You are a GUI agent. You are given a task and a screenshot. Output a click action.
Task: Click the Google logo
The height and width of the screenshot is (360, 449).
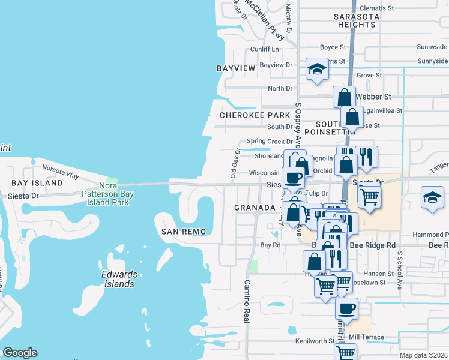coord(20,353)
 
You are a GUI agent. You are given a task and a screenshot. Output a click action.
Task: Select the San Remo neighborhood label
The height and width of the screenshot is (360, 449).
coord(184,232)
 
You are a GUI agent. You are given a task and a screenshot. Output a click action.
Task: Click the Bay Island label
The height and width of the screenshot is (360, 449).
coord(37,182)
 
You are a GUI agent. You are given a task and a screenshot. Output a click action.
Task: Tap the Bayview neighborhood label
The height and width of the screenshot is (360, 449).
coord(236,69)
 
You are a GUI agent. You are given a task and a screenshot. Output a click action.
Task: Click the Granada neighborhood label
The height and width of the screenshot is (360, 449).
coord(255,207)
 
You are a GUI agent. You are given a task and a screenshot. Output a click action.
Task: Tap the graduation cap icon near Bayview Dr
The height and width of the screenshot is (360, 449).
coord(316,70)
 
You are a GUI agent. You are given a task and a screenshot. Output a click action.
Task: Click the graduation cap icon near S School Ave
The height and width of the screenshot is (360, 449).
coord(432,197)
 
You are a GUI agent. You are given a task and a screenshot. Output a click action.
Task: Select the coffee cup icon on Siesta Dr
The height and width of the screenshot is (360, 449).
coord(294,178)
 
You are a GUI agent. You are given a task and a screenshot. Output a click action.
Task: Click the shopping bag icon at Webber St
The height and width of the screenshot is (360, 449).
coord(345,97)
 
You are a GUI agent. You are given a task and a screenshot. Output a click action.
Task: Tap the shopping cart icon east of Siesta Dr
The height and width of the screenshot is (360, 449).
coord(369,195)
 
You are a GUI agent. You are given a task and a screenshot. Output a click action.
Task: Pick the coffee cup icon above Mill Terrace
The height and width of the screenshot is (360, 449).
coord(346,308)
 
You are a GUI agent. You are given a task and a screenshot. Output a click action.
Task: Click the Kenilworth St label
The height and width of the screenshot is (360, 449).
coord(315,341)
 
